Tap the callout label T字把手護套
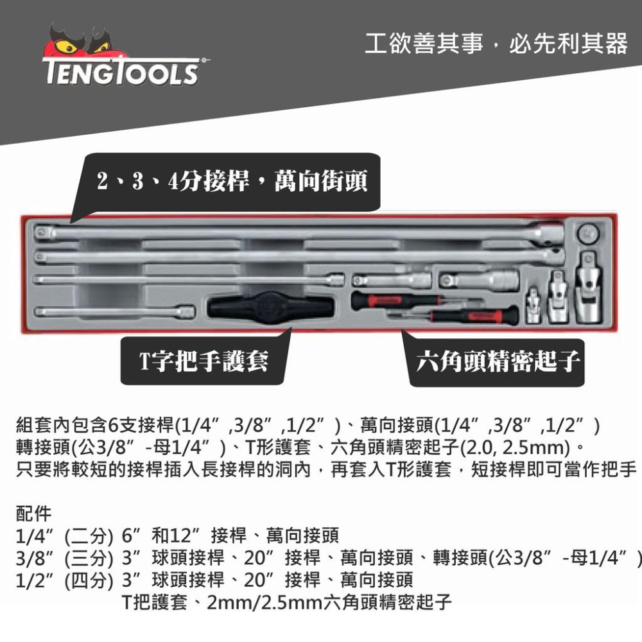(204, 361)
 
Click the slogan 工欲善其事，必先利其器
(496, 44)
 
